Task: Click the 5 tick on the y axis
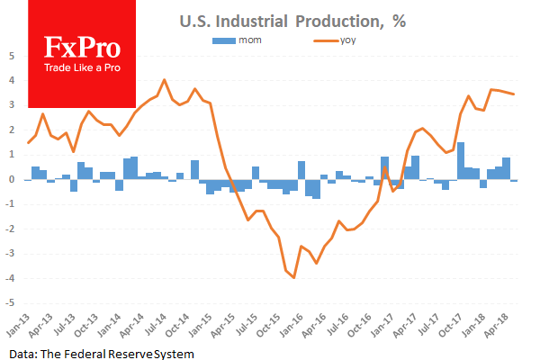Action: point(11,55)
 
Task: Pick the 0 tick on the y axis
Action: point(11,179)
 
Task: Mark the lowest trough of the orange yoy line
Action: point(293,277)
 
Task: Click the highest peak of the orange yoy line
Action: point(164,80)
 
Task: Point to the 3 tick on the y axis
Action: point(11,104)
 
